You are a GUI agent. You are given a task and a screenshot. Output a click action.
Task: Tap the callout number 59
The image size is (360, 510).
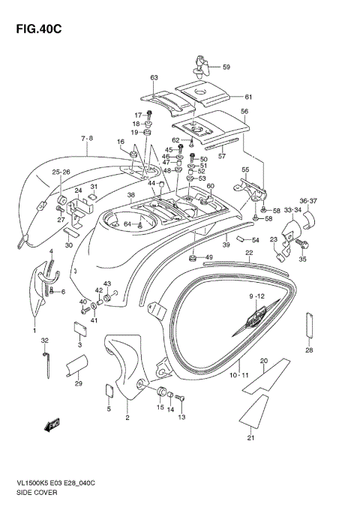click(x=226, y=67)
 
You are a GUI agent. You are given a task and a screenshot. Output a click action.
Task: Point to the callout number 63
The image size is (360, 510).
click(x=154, y=78)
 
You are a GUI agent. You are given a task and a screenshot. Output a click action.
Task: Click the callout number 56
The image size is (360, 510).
click(x=244, y=111)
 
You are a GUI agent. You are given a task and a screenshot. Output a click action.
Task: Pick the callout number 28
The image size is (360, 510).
click(x=308, y=350)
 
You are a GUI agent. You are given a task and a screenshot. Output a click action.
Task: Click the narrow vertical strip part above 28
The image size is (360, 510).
click(x=308, y=325)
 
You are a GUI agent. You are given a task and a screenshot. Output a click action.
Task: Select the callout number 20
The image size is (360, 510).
click(x=263, y=361)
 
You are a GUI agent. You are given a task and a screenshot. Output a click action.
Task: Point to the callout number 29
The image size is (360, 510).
click(x=78, y=384)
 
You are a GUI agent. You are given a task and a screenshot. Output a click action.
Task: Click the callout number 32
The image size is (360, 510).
click(x=44, y=340)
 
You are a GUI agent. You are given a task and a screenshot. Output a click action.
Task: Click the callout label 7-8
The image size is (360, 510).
click(x=88, y=139)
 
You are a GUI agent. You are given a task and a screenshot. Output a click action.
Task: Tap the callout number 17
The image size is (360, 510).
click(x=136, y=115)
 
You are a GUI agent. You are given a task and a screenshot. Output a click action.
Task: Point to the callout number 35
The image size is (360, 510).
click(x=303, y=259)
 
